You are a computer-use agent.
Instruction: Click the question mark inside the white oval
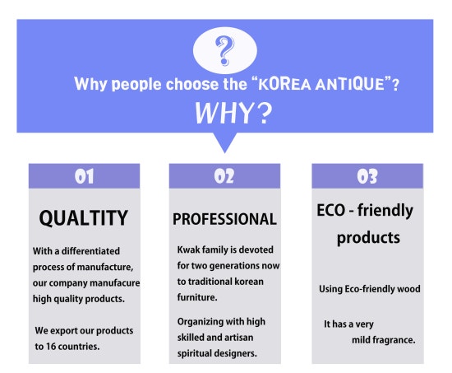point(224,50)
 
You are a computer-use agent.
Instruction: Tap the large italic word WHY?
point(233,113)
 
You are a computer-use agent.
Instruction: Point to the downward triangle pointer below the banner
point(225,142)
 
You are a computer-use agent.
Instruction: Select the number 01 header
point(84,176)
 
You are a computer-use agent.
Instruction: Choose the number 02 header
point(224,176)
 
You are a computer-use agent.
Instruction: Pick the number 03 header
point(367,176)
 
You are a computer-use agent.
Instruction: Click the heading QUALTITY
point(84,218)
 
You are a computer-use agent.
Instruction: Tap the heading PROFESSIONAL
point(224,219)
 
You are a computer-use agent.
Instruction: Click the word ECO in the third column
point(330,210)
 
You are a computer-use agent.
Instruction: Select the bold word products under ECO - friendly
point(368,238)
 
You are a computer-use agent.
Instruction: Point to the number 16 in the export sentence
point(50,346)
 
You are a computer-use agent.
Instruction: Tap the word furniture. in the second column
point(197,297)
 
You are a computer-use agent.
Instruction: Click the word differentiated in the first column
point(90,251)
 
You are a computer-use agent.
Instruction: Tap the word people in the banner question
point(136,85)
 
